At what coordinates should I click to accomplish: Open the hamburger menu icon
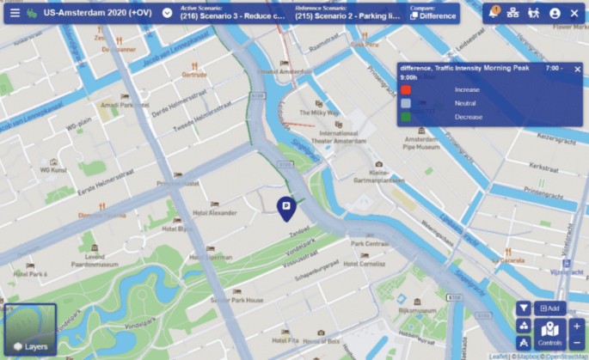tap(15, 13)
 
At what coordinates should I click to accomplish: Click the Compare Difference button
tap(433, 13)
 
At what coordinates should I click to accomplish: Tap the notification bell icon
tap(494, 13)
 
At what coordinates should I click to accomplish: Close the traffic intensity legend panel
tap(578, 69)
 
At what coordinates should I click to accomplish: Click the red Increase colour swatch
tap(406, 89)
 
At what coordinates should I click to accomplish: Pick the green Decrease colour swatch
tap(406, 116)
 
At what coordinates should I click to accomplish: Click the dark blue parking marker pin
tap(286, 207)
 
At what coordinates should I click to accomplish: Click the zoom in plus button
tap(576, 326)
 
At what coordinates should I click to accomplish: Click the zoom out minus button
tap(576, 343)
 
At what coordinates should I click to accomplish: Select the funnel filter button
tap(523, 308)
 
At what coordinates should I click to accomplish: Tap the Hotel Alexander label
tap(213, 212)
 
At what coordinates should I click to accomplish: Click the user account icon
tap(555, 13)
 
